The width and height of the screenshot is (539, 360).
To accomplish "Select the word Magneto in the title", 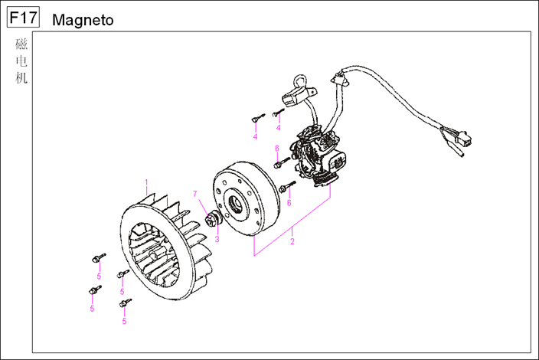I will (83, 20).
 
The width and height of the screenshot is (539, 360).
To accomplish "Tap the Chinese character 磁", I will (21, 45).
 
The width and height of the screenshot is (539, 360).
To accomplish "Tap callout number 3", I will (217, 239).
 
